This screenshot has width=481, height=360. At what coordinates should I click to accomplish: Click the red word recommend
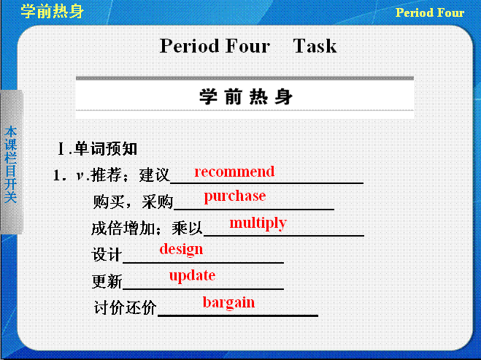234,172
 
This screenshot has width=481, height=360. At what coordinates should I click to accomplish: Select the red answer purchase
235,196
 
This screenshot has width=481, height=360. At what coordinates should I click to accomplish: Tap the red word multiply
258,223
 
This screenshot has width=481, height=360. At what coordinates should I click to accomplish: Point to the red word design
181,249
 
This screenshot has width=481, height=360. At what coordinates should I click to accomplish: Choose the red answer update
192,275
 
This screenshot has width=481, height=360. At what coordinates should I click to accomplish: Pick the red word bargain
228,302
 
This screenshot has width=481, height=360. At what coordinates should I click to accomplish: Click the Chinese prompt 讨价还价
125,307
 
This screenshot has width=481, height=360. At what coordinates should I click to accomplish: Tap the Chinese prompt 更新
107,281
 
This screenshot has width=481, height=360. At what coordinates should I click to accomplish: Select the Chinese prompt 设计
107,255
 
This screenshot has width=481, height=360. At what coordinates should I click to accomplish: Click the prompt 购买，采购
133,202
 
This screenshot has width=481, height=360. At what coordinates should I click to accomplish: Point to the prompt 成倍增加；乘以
147,229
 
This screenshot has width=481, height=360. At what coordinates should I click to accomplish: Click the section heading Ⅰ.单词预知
97,149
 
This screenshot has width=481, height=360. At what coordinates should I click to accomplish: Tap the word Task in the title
315,46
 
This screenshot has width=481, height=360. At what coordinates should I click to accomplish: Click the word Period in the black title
189,46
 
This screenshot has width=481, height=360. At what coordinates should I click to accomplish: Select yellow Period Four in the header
430,12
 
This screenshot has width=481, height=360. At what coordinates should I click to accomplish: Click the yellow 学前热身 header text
53,12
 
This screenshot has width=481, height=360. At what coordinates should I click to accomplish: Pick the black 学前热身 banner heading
246,96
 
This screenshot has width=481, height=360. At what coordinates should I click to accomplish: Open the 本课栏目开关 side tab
12,163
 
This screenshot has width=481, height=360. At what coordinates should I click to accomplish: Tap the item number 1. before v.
60,175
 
